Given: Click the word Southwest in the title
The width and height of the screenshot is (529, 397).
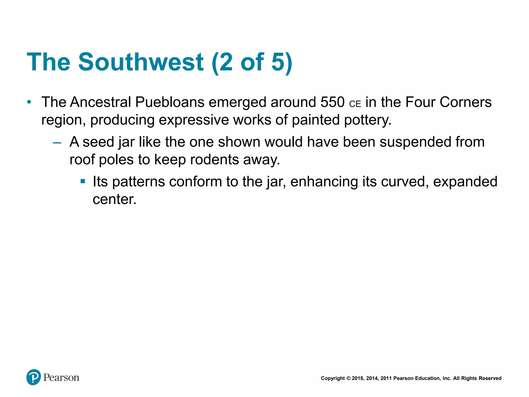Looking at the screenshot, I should pos(141,62).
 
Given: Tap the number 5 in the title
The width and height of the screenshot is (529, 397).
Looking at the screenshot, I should pos(278,62).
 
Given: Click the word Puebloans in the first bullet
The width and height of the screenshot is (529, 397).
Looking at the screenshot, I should pos(170,102).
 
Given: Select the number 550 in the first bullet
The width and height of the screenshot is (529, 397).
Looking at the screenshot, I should pos(332,102).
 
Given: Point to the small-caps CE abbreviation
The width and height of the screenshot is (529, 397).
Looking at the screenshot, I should pos(355,104).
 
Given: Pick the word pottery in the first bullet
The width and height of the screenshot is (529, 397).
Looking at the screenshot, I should pos(367,120).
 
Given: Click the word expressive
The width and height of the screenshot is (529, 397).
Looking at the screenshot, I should pos(193,120).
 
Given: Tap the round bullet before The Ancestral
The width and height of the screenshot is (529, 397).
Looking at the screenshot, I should pos(29,102).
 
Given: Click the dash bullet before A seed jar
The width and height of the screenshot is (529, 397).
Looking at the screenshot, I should pos(57,143).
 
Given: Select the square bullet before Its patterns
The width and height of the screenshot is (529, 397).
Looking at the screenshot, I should pos(83,181).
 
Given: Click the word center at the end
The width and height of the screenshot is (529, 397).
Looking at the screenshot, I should pos(114,200).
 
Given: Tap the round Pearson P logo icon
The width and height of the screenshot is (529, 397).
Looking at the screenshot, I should pos(34,377).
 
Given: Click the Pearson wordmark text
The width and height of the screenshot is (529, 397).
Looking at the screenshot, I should pos(61,378).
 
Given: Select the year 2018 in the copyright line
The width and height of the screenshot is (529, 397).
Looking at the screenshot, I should pos(357,378).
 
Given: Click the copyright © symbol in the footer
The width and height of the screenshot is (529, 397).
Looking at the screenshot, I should pos(348,378).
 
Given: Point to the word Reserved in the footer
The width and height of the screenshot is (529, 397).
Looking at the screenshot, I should pos(490,378).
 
